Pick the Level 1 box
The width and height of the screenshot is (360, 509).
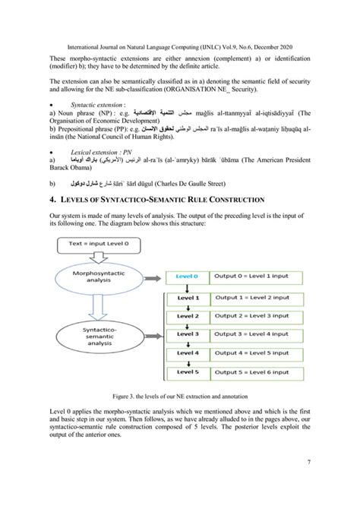[186, 298]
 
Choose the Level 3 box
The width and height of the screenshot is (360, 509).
[186, 334]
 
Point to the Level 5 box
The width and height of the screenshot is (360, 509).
[186, 371]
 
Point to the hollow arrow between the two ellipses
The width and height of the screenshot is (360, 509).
[97, 306]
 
